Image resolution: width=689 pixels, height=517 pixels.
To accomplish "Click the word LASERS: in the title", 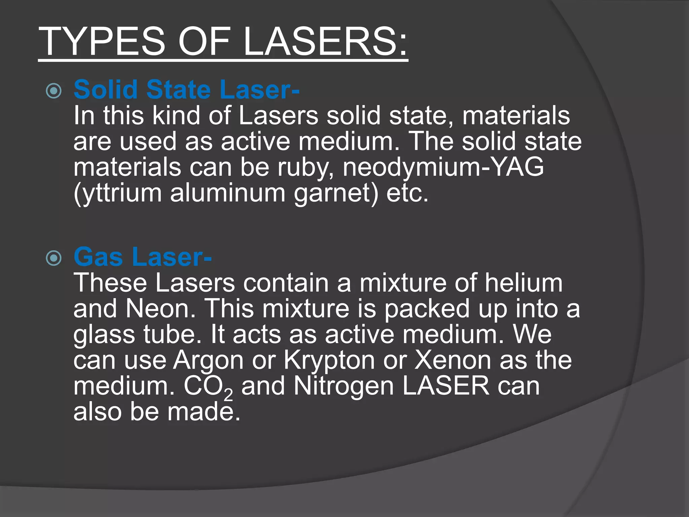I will tap(325, 41).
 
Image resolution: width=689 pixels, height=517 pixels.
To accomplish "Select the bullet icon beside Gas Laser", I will tap(54, 258).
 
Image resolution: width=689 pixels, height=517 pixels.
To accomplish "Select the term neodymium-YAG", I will tap(443, 167).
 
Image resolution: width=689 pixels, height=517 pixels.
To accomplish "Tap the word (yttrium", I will tap(117, 193).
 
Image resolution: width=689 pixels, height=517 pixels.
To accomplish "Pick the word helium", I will tap(523, 283).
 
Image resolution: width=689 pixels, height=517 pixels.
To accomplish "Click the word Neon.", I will tap(160, 309).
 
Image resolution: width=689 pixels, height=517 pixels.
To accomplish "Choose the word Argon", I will tap(208, 361).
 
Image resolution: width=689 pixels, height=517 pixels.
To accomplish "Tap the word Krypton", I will tap(329, 361).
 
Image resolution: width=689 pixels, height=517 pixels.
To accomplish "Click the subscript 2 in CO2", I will tap(228, 394).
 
